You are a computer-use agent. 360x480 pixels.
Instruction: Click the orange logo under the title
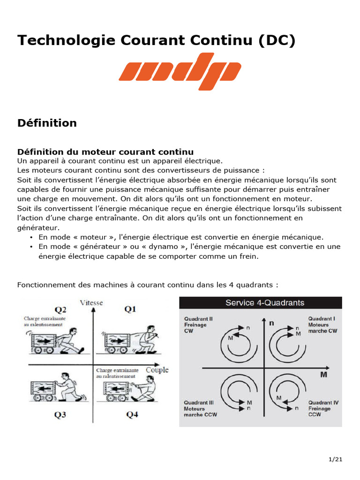pos(180,71)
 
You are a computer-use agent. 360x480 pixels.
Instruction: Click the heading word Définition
pos(47,123)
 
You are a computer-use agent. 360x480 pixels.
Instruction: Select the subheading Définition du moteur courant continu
pos(105,152)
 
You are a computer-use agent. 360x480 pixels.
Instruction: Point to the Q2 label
pos(61,309)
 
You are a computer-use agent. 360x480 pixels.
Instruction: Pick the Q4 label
pos(132,414)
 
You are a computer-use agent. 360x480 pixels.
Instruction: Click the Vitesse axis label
pos(91,302)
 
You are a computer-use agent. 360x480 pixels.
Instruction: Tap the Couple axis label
pos(157,370)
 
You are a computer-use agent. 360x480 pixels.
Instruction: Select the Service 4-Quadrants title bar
pos(261,303)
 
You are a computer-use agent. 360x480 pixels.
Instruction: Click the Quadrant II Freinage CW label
pos(195,324)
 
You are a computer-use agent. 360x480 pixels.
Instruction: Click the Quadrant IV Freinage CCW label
pos(322,408)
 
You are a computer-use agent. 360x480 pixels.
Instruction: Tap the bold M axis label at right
pos(323,375)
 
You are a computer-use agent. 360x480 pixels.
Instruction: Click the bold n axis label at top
pos(271,322)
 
